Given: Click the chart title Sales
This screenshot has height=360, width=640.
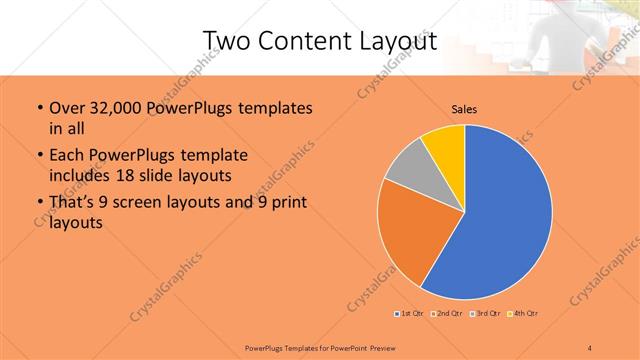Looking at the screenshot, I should pos(463,109).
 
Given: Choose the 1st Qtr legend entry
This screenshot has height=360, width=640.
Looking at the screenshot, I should pos(410,314).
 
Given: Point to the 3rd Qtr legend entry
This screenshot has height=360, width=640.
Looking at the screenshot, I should pos(485,314).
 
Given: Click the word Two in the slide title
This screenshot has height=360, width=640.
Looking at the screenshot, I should pos(228,40).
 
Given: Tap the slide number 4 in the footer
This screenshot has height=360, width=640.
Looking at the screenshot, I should pos(590,347).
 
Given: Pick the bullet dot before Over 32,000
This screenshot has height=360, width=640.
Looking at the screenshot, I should pos(38,108).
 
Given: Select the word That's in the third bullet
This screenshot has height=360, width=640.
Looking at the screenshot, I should pos(73,203).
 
